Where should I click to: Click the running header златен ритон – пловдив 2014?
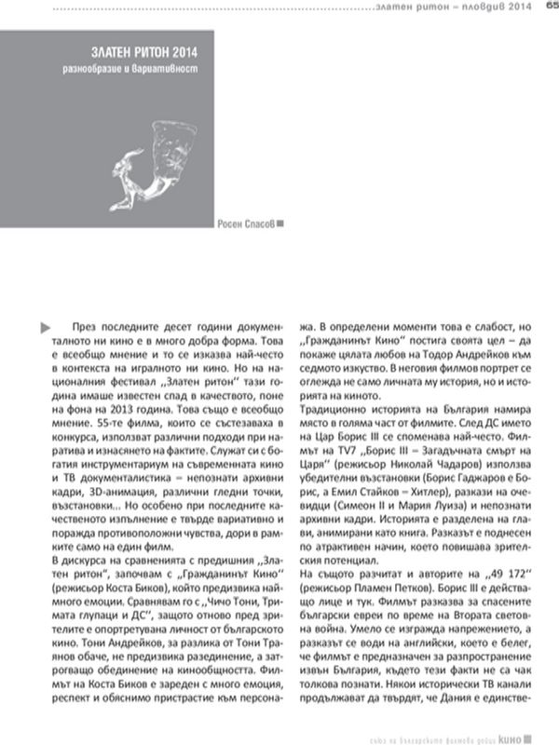[460, 8]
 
